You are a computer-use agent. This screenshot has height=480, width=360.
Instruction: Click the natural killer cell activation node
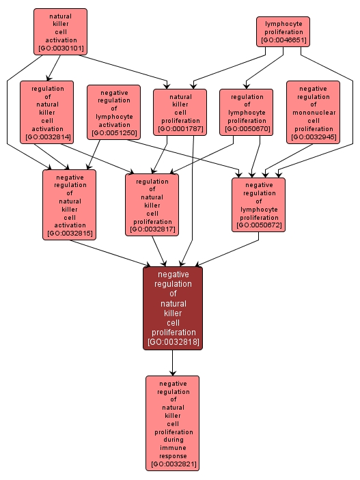click(x=60, y=31)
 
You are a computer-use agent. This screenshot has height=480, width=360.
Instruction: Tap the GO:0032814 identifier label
click(x=46, y=137)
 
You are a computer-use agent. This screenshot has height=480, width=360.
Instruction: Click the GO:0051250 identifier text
click(x=113, y=132)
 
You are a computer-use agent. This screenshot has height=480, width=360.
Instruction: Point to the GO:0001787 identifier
click(x=180, y=128)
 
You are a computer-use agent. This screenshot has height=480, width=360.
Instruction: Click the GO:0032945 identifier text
click(x=313, y=137)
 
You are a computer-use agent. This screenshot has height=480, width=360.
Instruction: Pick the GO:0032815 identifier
click(x=69, y=234)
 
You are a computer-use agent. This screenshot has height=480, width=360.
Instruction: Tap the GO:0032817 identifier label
click(x=152, y=229)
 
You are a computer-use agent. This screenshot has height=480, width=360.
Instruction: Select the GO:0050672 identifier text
click(x=258, y=225)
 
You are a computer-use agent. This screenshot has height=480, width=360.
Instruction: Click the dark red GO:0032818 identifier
click(x=173, y=341)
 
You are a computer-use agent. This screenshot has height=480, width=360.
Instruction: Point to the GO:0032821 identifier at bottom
click(x=172, y=464)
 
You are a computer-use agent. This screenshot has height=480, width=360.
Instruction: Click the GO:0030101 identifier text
click(x=60, y=48)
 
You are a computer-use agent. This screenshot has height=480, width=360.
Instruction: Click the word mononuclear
click(x=313, y=113)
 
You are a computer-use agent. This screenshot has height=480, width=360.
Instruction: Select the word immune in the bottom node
click(x=172, y=448)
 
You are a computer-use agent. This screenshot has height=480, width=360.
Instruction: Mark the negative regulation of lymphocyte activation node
click(x=113, y=112)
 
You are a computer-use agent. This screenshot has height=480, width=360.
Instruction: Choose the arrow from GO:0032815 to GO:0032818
click(x=116, y=252)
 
